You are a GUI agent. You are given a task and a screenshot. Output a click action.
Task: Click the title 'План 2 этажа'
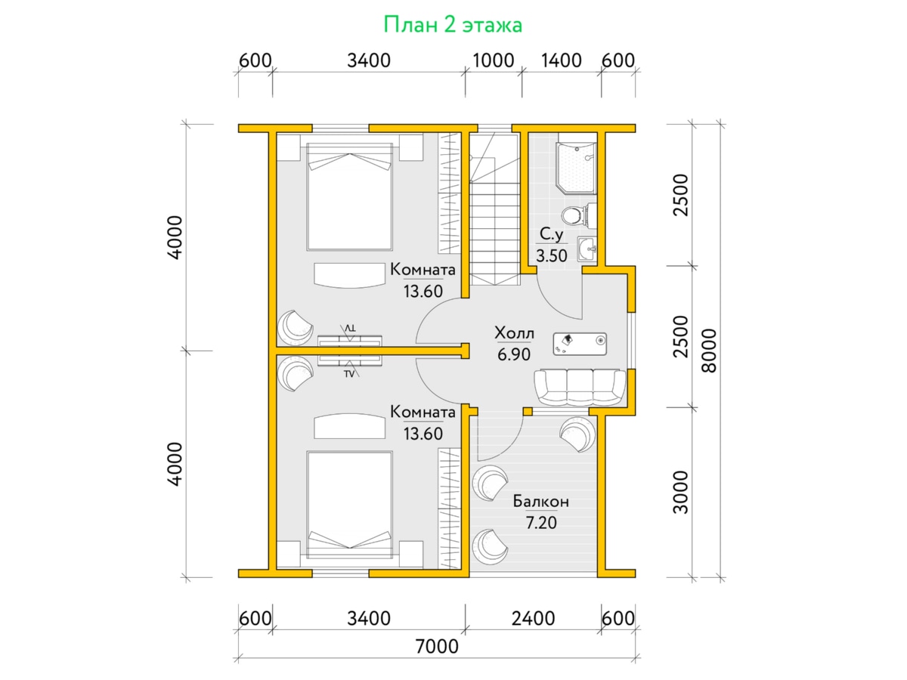click(453, 25)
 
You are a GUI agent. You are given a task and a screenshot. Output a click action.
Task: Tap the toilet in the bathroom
click(578, 215)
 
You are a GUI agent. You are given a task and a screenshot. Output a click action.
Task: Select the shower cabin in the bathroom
click(577, 168)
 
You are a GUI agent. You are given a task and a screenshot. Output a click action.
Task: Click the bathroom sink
click(587, 249)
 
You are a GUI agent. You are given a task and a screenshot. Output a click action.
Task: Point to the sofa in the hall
click(580, 388)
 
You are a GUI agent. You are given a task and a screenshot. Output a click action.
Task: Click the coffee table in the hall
click(580, 344)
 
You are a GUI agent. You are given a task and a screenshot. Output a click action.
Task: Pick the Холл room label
click(514, 332)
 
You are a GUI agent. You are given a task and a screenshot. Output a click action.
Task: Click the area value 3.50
click(552, 255)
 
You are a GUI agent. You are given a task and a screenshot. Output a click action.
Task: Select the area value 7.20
click(541, 523)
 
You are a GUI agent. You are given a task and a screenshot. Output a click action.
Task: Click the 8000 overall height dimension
click(709, 351)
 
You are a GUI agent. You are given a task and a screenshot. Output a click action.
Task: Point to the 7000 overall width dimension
click(437, 646)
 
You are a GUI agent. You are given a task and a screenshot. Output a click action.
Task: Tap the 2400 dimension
click(533, 619)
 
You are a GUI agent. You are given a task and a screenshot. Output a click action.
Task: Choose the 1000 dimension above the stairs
click(493, 60)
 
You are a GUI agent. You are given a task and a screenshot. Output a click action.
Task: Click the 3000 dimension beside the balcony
click(680, 492)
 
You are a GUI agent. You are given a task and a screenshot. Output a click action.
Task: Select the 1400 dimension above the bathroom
click(561, 60)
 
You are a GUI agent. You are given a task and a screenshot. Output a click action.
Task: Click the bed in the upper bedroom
click(350, 197)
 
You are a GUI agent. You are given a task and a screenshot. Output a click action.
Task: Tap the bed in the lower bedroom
click(350, 505)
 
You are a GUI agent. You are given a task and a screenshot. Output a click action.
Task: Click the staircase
click(495, 209)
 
